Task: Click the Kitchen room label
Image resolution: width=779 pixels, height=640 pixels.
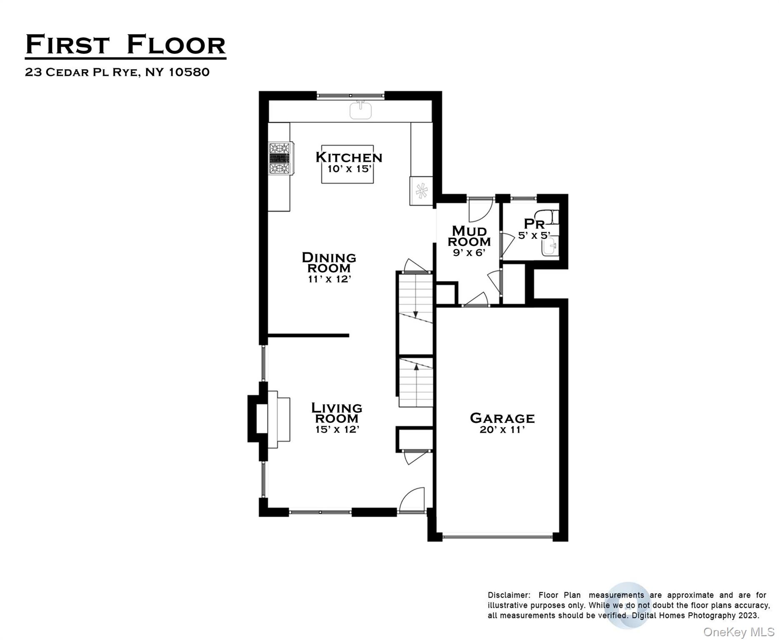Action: point(349,157)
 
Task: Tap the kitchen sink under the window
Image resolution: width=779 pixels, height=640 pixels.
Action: point(360,111)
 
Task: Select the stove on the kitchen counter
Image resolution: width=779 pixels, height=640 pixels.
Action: point(280,158)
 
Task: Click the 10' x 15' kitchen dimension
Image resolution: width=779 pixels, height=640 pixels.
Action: point(349,169)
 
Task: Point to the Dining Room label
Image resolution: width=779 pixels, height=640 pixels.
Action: point(329,262)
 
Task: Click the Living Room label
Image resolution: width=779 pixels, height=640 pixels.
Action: point(337,413)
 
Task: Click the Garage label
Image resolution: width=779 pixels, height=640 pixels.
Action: point(502,418)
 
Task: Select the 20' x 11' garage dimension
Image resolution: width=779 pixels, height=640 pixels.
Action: point(502,430)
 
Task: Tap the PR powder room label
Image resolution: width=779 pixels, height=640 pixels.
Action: point(534,224)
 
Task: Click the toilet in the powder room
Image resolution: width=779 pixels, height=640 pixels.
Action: point(553,217)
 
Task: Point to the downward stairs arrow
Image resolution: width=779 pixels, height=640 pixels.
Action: point(415,313)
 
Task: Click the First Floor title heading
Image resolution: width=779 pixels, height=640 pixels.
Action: point(125,45)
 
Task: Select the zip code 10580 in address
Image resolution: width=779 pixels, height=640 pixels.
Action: point(189,72)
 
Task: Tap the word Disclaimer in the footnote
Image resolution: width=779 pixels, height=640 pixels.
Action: point(509,595)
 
